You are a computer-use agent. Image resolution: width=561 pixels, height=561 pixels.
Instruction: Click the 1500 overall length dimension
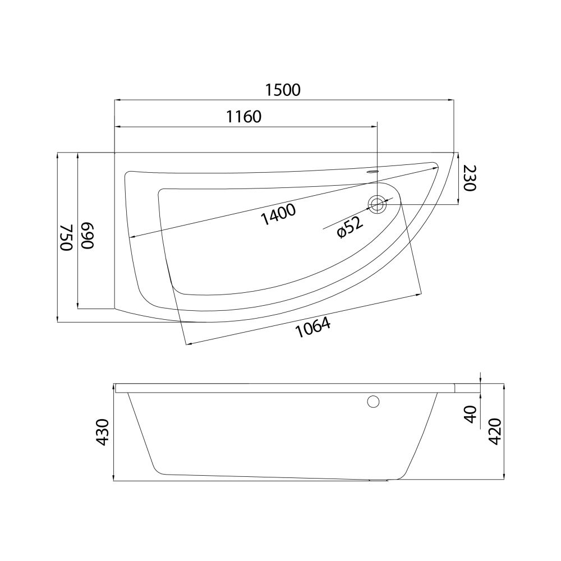coord(283,90)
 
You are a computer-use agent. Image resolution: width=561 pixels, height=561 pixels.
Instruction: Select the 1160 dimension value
coord(244,117)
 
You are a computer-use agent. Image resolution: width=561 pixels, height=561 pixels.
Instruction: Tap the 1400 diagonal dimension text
coord(278,214)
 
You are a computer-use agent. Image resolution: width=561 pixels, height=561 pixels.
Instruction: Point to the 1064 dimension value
coord(313,328)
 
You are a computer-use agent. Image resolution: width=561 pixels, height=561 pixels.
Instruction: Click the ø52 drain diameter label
coord(350,228)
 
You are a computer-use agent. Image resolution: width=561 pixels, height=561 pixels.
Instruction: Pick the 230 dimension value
coord(469,178)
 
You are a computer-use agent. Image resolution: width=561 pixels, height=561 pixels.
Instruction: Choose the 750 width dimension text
coord(66,237)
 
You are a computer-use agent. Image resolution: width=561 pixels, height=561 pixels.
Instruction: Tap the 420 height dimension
coord(495,431)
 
